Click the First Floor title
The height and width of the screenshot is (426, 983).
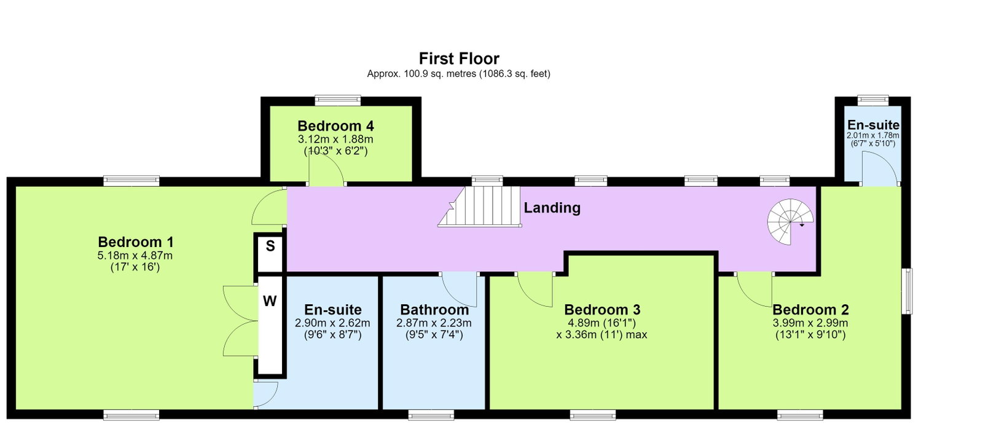coord(459,58)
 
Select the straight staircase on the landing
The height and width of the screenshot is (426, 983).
coord(480,207)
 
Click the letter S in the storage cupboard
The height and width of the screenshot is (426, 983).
coord(270,246)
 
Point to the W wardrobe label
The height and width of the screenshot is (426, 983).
coord(270,301)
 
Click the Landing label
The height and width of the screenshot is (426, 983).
coord(552,207)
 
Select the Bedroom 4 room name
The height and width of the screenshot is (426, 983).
coord(335,126)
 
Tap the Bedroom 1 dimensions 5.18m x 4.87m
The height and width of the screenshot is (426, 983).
coord(135,255)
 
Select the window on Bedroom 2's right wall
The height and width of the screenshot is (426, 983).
coord(907,291)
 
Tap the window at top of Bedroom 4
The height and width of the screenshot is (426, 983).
coord(338,101)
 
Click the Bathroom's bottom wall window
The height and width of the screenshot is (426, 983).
coord(431,414)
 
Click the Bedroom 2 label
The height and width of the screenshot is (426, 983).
coord(810,310)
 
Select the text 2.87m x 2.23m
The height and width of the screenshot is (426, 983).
coord(434,323)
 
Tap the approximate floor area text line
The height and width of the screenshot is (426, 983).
coord(458,74)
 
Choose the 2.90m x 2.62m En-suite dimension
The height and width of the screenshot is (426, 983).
coord(332,323)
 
